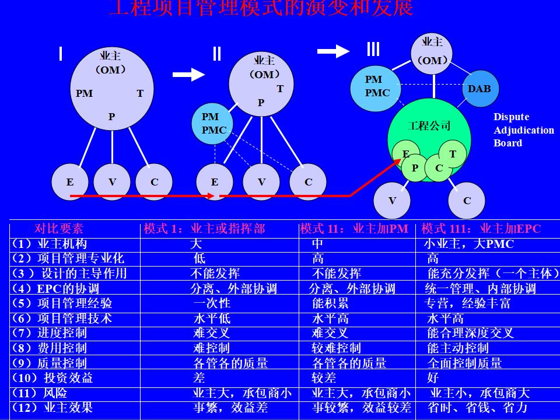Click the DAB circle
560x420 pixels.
pyautogui.click(x=479, y=89)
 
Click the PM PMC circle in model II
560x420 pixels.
pyautogui.click(x=213, y=124)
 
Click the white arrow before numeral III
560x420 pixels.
pyautogui.click(x=333, y=51)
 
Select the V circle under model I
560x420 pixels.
pyautogui.click(x=112, y=182)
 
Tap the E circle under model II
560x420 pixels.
pyautogui.click(x=215, y=182)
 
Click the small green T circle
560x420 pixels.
pyautogui.click(x=452, y=154)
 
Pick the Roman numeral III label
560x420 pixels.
pyautogui.click(x=373, y=49)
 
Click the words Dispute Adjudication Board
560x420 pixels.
pyautogui.click(x=523, y=130)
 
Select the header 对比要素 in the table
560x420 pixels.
pyautogui.click(x=59, y=229)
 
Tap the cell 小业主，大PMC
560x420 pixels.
pyautogui.click(x=468, y=244)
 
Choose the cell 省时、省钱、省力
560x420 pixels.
pyautogui.click(x=477, y=408)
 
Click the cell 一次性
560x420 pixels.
pyautogui.click(x=212, y=303)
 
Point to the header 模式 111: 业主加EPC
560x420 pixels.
pyautogui.click(x=481, y=229)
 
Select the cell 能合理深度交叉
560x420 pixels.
pyautogui.click(x=470, y=333)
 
